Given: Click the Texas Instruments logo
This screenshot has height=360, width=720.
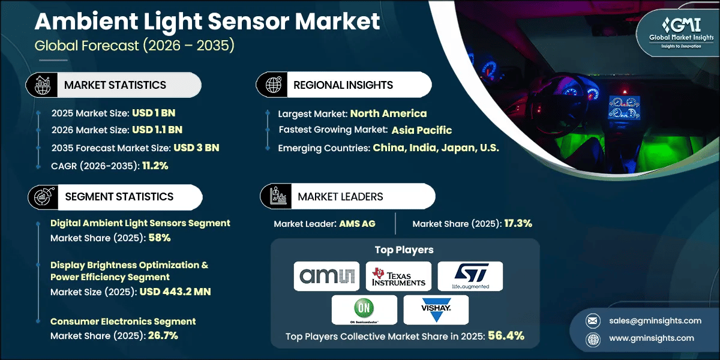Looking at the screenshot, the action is [398, 277].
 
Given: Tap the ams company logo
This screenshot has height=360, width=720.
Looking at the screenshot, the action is [326, 276].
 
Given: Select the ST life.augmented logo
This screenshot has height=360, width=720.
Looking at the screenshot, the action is [470, 276].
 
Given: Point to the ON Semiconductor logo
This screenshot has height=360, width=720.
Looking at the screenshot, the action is [364, 310].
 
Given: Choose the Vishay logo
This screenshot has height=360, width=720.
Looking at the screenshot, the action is [436, 310].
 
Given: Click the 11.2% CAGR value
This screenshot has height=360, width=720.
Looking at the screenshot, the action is [155, 166].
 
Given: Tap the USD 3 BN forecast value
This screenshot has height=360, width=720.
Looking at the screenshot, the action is [196, 148].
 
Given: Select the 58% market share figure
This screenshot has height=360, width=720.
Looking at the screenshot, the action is [160, 238].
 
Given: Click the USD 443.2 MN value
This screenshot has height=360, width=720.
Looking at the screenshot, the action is [175, 292].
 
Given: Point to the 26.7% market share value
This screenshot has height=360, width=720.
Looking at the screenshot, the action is [163, 335].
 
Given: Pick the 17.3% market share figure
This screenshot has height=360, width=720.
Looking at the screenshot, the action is [518, 223].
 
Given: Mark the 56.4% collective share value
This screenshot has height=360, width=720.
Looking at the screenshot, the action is [506, 336].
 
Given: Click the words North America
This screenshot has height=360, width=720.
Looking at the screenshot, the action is [388, 113].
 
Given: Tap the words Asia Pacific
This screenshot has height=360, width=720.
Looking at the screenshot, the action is [422, 130].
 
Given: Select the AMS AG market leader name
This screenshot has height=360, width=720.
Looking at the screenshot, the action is [357, 224].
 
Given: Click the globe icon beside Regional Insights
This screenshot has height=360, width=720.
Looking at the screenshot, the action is [273, 85].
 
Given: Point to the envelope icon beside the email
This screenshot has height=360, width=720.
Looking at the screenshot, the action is [593, 321].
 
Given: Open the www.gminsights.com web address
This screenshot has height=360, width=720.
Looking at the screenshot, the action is [652, 338].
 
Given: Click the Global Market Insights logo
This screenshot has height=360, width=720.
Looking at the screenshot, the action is [681, 32].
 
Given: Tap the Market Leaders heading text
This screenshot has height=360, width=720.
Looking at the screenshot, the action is [340, 197].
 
